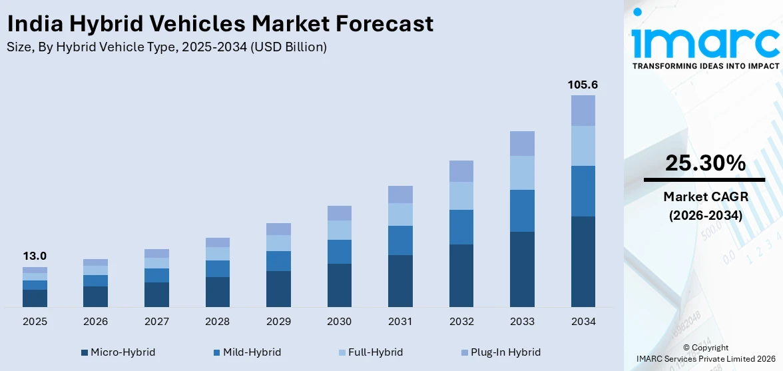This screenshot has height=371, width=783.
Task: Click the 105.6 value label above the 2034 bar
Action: click(x=583, y=85)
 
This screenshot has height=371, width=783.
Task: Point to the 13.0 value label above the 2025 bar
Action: click(x=35, y=256)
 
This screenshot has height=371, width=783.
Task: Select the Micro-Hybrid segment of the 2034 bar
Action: click(x=583, y=261)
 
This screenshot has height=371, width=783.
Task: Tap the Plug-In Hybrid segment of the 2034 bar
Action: click(x=583, y=111)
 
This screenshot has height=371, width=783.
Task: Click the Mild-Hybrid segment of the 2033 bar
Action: click(x=522, y=210)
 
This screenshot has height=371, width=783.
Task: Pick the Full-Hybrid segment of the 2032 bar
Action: click(x=461, y=196)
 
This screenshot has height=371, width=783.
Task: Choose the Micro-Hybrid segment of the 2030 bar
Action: click(x=340, y=285)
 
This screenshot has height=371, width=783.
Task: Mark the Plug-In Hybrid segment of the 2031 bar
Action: click(x=400, y=194)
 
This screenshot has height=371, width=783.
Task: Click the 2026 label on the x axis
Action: click(x=96, y=322)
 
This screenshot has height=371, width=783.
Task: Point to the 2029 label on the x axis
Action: click(x=278, y=322)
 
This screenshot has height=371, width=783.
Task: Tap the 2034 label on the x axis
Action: click(x=583, y=322)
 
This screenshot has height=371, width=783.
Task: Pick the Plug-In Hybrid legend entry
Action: click(x=500, y=352)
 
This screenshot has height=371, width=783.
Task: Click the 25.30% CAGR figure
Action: click(x=704, y=163)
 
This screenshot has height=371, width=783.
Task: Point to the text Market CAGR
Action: click(x=704, y=196)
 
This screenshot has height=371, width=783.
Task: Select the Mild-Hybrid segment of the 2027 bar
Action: click(x=156, y=275)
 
